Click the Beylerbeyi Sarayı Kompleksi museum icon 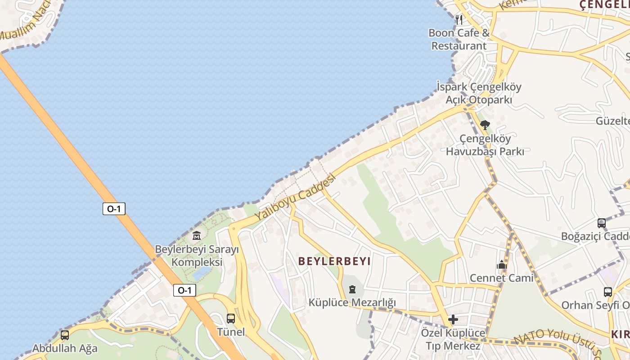coord(197,235)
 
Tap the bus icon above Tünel coord(231,319)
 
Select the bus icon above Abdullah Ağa coord(65,335)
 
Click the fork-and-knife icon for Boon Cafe coord(459,19)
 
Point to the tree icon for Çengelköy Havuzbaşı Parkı coord(485,125)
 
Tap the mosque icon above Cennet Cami coord(502,265)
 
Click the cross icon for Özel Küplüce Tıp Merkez coord(453,319)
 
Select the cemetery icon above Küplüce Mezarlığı coord(352,289)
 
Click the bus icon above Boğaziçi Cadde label coord(602,223)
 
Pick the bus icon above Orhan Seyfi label coord(608,292)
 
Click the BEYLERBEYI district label coord(334,261)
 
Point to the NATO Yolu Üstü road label coord(558,342)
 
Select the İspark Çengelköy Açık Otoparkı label coord(479,93)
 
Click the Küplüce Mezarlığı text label coord(352,302)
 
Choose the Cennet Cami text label coord(502,278)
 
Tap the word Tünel coord(231,332)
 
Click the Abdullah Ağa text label coord(65,348)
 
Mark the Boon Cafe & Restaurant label coord(459,39)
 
